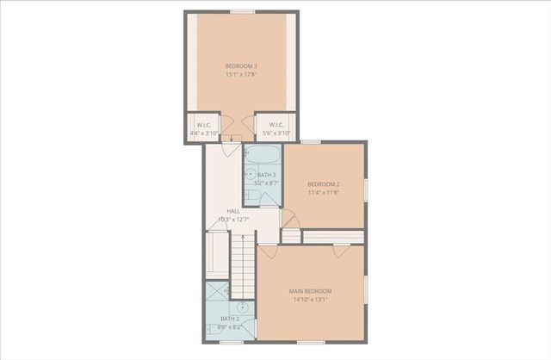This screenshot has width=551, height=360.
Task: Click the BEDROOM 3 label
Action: [241, 66]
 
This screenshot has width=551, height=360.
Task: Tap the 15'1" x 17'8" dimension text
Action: [241, 75]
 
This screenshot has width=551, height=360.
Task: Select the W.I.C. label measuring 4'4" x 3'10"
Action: [203, 126]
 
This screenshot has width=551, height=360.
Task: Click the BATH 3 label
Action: [266, 175]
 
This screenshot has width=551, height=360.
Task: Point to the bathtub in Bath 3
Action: [262, 155]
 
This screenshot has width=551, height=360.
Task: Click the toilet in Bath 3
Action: [251, 196]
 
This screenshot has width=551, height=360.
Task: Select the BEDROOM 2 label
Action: [325, 184]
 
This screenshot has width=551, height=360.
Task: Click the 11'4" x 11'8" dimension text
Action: [325, 193]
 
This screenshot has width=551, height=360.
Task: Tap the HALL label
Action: [233, 211]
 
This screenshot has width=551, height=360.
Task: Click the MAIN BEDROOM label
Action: [310, 292]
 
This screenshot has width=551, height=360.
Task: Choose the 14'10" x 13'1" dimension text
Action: [310, 301]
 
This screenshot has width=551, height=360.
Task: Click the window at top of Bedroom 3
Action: [242, 12]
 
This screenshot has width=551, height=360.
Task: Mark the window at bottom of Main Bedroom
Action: [310, 342]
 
